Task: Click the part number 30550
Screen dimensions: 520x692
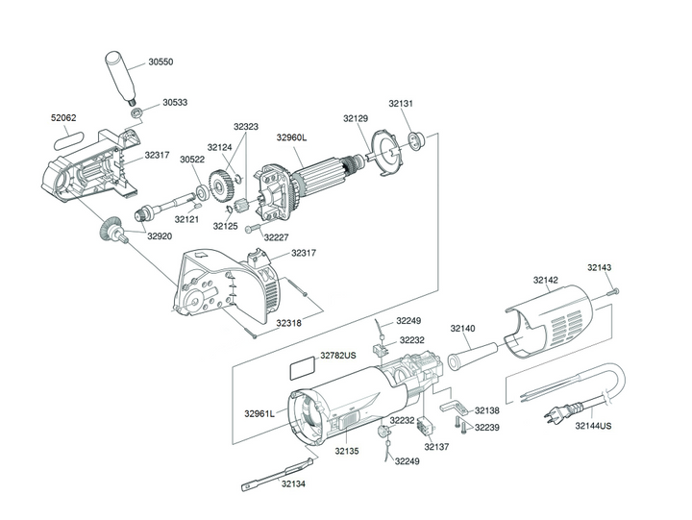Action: (x=161, y=62)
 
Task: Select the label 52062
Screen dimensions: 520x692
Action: (x=63, y=118)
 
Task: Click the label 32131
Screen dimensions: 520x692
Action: (x=401, y=103)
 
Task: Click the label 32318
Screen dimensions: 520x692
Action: (x=289, y=323)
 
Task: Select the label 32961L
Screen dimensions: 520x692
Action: (x=259, y=413)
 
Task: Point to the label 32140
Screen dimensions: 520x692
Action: (x=462, y=329)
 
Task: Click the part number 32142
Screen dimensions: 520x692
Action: (x=545, y=281)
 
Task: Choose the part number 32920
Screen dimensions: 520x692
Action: (x=160, y=235)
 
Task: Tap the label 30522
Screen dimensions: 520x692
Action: (x=192, y=160)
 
